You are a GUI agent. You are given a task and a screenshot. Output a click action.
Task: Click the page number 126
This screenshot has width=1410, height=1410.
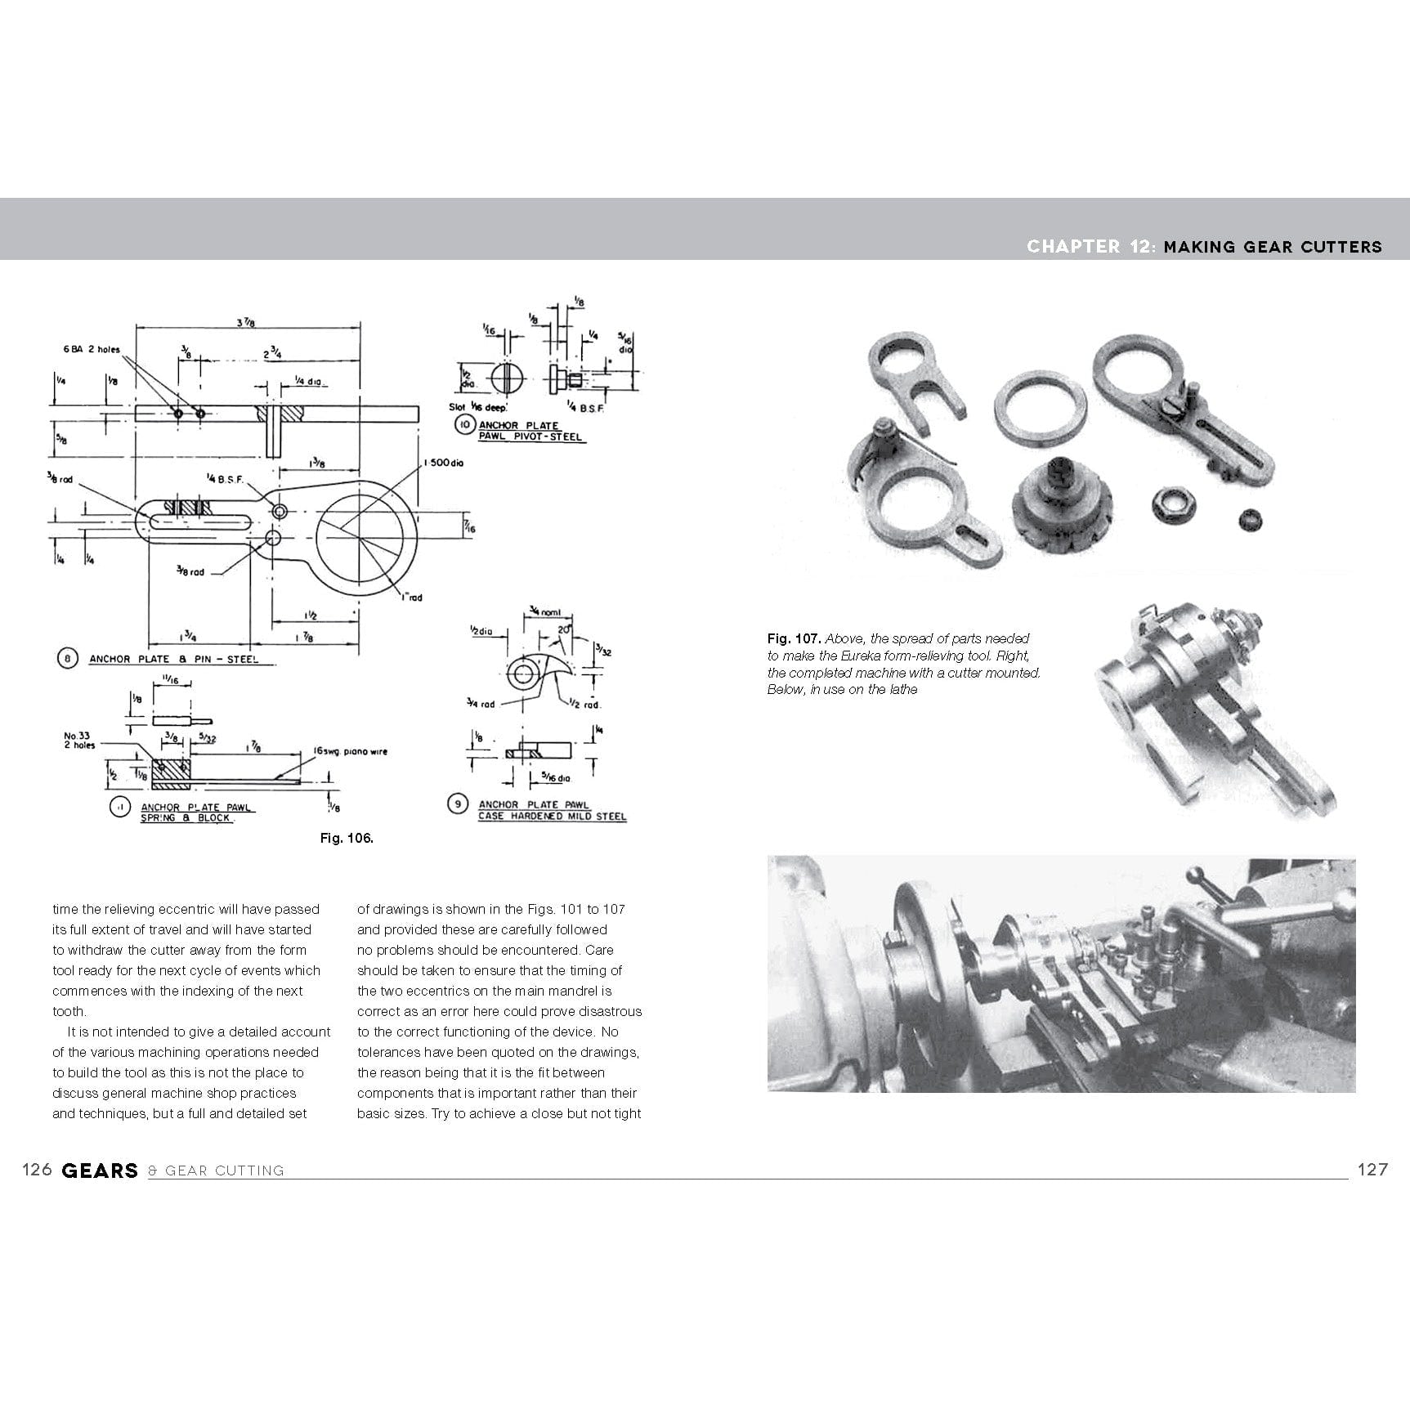pos(37,1170)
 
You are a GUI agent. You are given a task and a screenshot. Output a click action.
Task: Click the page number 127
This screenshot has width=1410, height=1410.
pos(1372,1170)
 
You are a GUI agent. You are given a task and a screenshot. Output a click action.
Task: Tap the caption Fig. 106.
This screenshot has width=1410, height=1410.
pos(347,838)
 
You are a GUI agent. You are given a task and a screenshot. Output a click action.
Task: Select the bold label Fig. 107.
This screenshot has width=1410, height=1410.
pos(793,638)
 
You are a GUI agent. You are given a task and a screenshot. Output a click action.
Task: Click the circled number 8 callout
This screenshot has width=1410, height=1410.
pos(68,658)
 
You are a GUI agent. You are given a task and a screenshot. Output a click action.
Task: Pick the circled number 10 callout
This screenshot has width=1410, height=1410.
pos(465,425)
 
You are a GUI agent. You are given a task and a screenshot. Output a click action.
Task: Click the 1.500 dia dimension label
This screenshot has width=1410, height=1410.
pos(443,463)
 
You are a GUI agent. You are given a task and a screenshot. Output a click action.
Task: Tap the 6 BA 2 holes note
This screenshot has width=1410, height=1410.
pos(92,349)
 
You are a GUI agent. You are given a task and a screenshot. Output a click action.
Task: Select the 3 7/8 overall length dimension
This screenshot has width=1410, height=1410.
pos(244,323)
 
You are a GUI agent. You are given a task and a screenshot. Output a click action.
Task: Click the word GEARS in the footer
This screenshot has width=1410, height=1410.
pos(100,1171)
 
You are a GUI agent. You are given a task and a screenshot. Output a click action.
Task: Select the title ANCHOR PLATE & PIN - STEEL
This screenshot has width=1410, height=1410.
pos(173,659)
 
